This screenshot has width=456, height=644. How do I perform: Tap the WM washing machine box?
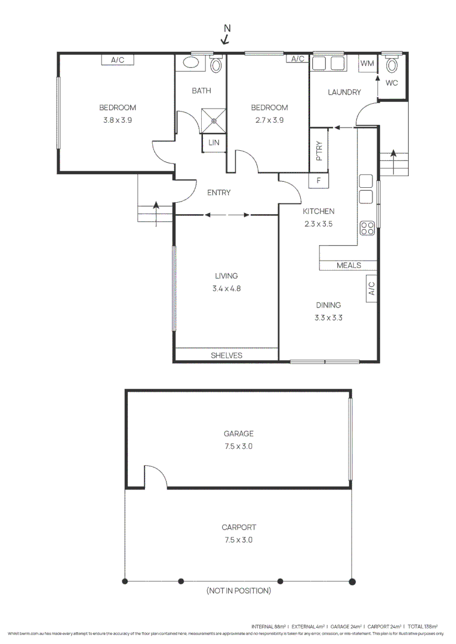(366, 63)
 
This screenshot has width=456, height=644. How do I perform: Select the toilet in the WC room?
(392, 64)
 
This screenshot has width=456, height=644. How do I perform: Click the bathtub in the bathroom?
(191, 63)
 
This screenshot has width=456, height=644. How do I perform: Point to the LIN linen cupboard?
(213, 143)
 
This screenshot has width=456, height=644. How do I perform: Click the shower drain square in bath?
(213, 119)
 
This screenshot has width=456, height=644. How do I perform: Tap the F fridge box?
(319, 180)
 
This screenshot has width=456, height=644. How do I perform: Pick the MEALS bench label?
(348, 265)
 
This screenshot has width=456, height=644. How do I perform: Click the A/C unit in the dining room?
(370, 289)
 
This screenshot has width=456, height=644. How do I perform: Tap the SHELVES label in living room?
(227, 355)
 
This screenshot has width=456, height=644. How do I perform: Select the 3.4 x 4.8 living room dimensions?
(226, 288)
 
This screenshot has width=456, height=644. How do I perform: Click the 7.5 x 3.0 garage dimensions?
(239, 446)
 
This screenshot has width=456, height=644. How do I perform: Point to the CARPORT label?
(239, 527)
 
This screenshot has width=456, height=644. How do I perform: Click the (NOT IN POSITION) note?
(239, 590)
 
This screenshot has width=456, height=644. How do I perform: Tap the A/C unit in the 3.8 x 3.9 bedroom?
(117, 59)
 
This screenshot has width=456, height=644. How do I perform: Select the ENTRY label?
(218, 193)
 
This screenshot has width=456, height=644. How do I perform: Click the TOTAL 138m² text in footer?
(423, 627)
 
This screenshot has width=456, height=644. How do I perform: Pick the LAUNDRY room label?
(344, 92)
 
